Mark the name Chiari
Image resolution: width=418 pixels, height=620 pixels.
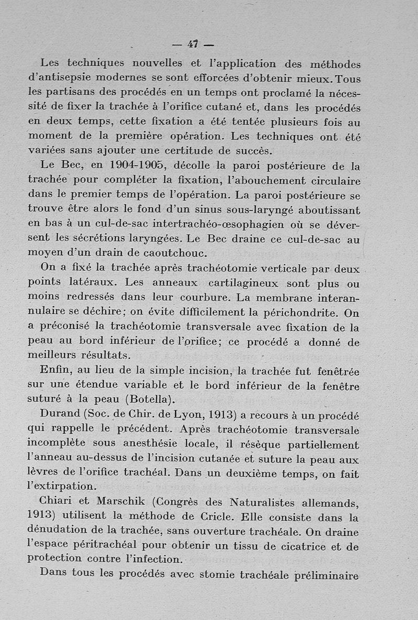pyautogui.click(x=59, y=503)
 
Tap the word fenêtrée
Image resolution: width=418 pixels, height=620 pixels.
pyautogui.click(x=335, y=371)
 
